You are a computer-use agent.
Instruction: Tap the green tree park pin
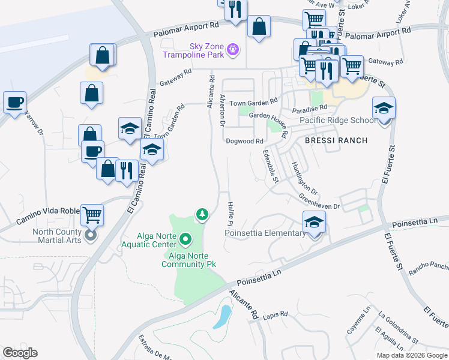(x=203, y=214)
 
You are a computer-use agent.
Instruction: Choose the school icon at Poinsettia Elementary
(x=314, y=223)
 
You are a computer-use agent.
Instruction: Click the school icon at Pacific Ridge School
(x=384, y=108)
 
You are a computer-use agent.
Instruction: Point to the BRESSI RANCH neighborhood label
(x=335, y=140)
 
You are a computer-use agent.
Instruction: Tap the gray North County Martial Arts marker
(x=91, y=235)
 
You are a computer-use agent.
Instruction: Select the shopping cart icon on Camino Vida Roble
(x=92, y=214)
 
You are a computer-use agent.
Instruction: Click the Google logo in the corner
(x=19, y=353)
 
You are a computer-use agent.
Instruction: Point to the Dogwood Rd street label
(x=245, y=142)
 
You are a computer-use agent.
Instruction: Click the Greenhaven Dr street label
(x=319, y=202)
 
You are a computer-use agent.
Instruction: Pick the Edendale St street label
(x=268, y=166)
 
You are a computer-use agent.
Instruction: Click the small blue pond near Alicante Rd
(x=222, y=316)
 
